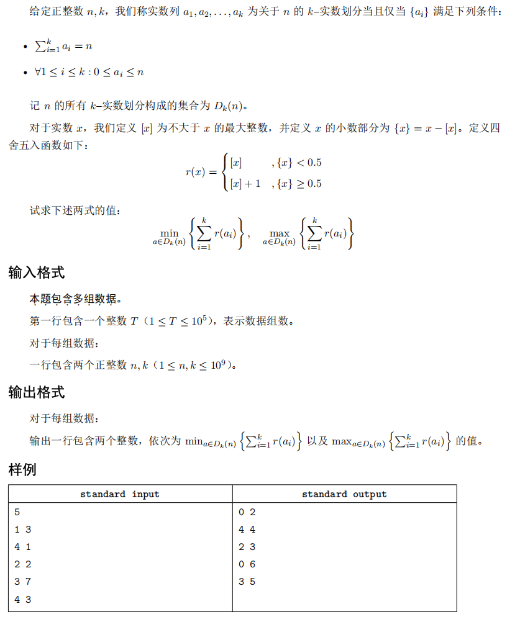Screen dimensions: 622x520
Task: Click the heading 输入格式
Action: pos(37,273)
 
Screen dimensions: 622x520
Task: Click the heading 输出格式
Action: pos(37,392)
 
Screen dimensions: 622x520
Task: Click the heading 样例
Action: pos(22,470)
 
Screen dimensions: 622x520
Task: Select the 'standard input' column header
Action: pos(120,494)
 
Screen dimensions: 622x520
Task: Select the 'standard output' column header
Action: pos(344,494)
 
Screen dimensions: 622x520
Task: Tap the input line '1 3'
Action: pos(22,530)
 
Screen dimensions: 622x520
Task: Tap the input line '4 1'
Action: pos(22,547)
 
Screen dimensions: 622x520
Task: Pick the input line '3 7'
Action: pos(22,582)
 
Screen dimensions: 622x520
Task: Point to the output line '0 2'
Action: pos(247,512)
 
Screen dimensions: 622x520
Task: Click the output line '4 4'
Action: pos(247,530)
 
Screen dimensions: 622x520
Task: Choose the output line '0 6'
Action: pos(247,564)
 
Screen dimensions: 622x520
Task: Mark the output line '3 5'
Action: pos(247,582)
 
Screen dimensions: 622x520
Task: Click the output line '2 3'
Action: pos(247,547)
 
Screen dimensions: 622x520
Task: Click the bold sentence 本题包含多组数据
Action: pos(75,300)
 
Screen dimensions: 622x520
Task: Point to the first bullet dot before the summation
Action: pos(24,48)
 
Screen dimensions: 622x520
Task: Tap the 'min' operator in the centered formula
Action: pos(169,233)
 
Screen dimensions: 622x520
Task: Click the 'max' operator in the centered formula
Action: pos(280,233)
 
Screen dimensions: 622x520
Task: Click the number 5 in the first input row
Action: pos(17,512)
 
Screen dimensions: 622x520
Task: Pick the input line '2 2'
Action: pos(22,564)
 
